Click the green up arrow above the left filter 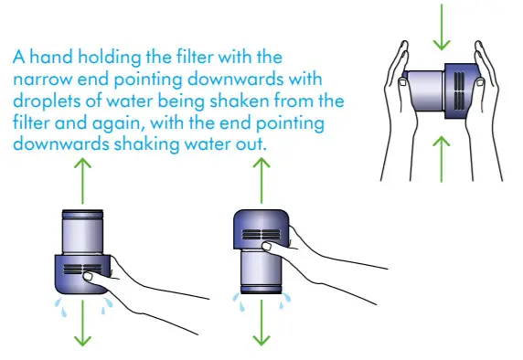[83, 174]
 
